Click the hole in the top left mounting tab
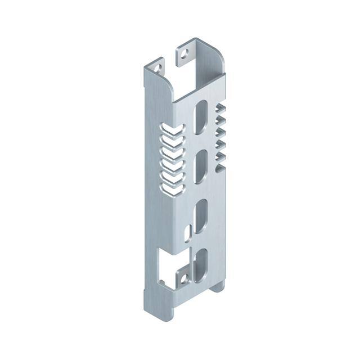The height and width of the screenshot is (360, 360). tap(156, 70)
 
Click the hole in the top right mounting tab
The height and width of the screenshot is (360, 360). tap(184, 55)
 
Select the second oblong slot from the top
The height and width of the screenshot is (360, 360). tap(200, 165)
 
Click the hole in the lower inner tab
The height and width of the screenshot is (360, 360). tap(182, 278)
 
